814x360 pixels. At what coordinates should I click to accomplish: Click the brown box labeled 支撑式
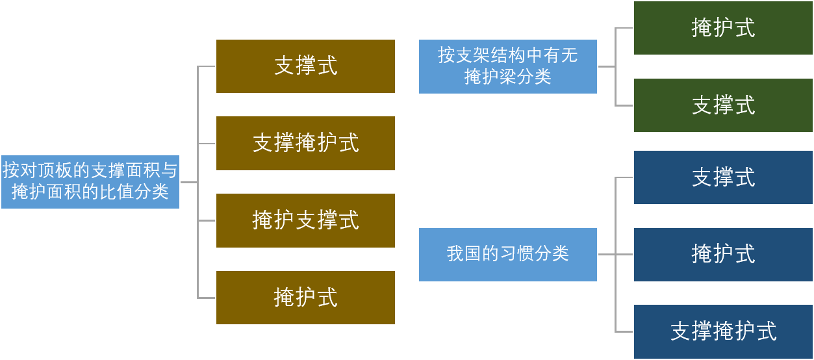coord(305,66)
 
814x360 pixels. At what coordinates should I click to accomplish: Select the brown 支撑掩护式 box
coord(305,143)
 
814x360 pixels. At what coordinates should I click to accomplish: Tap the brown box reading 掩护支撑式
coord(305,220)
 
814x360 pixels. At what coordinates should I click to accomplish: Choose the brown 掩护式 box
coord(305,298)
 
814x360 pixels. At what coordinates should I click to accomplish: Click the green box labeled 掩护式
coord(723,28)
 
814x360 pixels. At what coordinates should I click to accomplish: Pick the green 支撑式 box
coord(723,105)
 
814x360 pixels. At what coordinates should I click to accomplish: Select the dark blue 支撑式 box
coord(723,177)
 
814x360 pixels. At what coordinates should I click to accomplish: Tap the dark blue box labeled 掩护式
coord(723,254)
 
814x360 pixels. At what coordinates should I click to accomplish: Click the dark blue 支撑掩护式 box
coord(723,331)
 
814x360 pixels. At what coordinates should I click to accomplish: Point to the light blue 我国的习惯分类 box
coord(507,254)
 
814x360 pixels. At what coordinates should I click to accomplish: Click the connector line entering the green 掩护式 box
coord(624,28)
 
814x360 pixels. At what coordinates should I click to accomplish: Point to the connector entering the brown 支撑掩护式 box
coord(207,144)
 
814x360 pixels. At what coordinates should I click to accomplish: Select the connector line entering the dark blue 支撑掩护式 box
coord(624,331)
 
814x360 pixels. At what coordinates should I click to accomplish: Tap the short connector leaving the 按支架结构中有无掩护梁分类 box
coord(605,66)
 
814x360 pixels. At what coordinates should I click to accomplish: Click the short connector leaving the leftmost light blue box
coord(188,183)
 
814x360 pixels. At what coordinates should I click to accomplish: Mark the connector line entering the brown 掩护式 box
coord(207,298)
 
